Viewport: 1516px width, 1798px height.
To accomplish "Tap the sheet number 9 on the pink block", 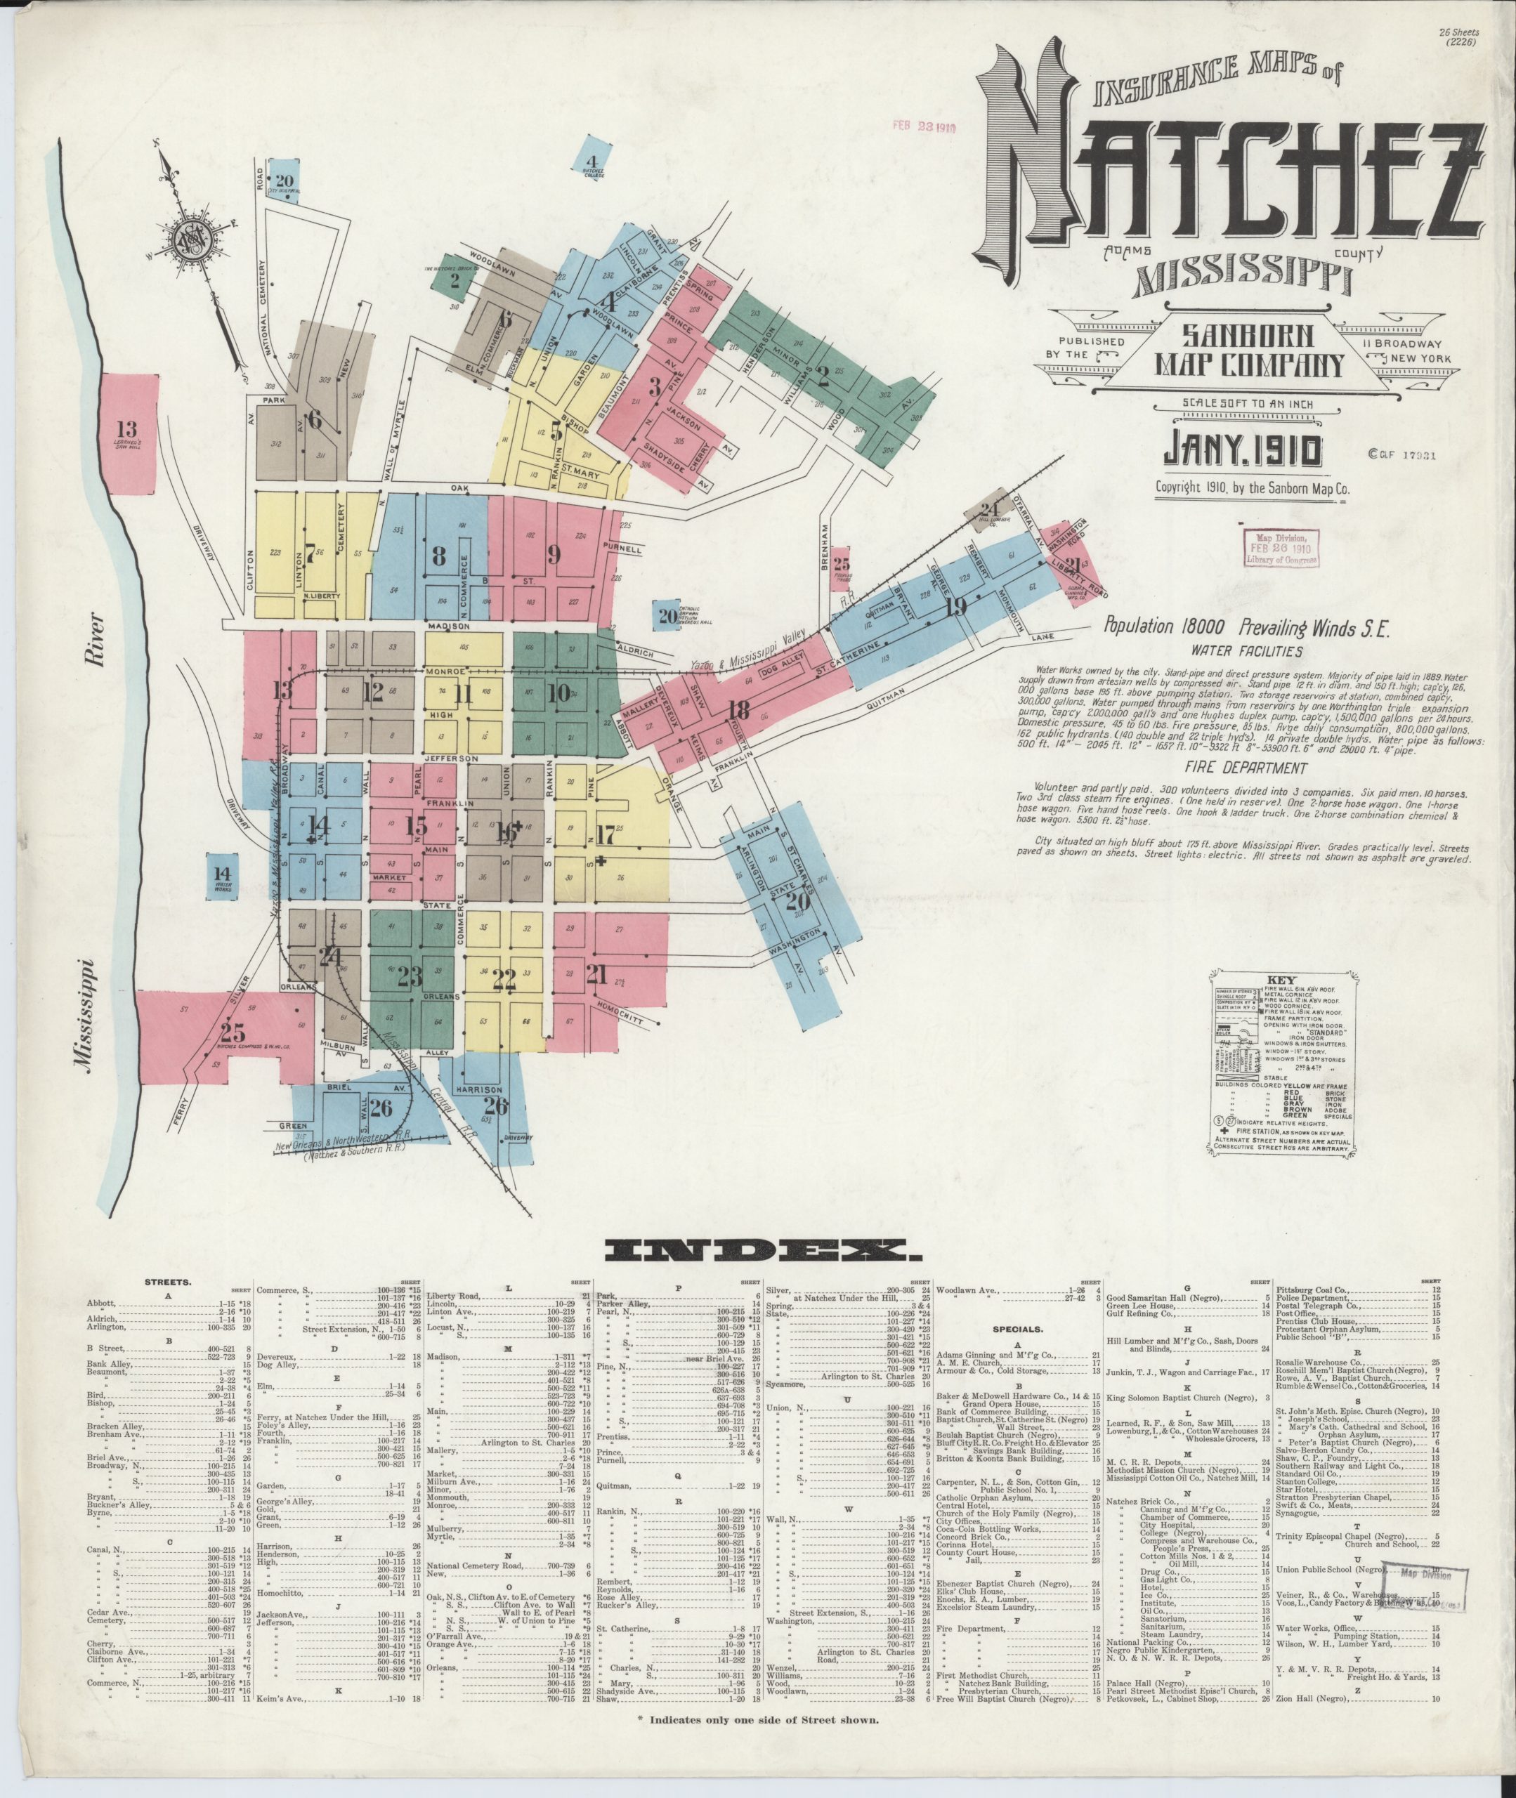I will pyautogui.click(x=554, y=555).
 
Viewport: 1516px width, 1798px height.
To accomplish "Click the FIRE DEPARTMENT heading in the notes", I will pyautogui.click(x=1231, y=768).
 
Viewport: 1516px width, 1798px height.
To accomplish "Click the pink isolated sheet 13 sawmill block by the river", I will pyautogui.click(x=129, y=434).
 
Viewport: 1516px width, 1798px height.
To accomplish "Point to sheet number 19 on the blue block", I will pyautogui.click(x=955, y=607).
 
